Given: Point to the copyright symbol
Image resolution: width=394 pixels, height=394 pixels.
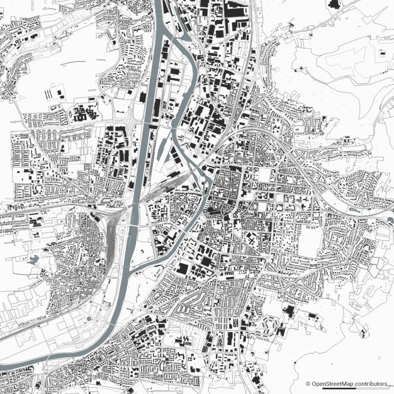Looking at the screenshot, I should click(308, 384).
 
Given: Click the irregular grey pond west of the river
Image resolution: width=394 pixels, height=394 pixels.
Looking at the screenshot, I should click(33, 260).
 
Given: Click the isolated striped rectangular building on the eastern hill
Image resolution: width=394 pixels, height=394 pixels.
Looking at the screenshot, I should click(383, 53).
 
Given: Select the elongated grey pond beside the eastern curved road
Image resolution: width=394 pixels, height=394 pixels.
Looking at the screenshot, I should click(353, 210).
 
